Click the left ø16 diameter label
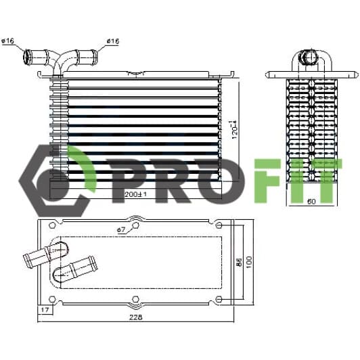tap(8, 41)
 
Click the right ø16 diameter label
tap(113, 41)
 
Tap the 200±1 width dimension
tap(135, 194)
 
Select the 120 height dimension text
tap(235, 130)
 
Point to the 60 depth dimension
tap(311, 202)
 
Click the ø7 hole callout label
tap(121, 229)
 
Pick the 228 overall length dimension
tap(136, 317)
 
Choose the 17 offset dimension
tap(45, 310)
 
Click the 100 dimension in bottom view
tap(248, 262)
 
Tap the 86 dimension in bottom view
tap(239, 262)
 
